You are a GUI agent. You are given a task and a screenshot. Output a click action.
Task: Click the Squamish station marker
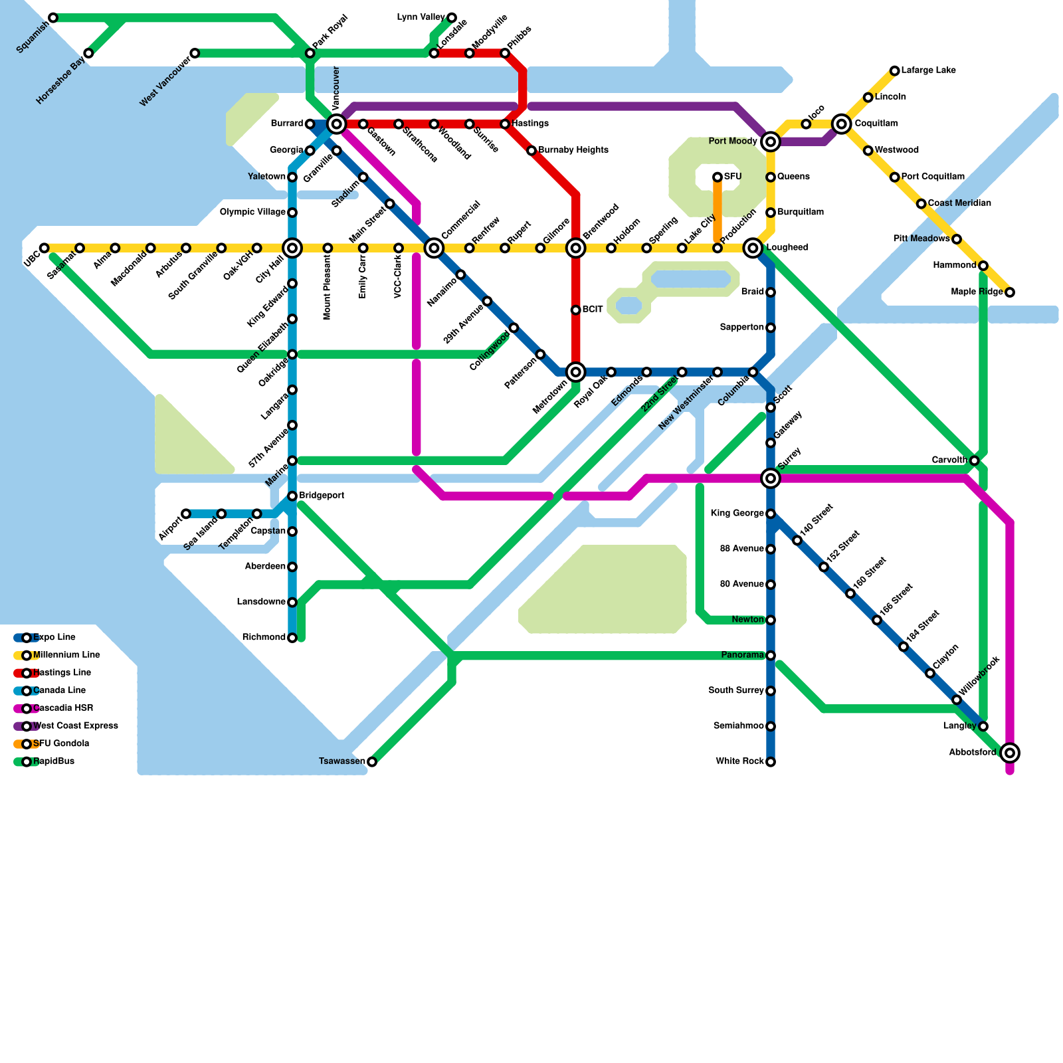(x=53, y=17)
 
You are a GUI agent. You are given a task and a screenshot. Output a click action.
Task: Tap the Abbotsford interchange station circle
(x=1010, y=753)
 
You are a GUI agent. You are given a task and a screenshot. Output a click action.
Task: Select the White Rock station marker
(x=771, y=762)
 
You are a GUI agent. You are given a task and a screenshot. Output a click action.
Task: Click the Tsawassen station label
(x=341, y=761)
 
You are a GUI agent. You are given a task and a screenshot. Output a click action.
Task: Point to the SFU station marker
(x=718, y=177)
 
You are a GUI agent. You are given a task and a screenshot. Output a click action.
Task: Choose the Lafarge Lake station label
(x=928, y=70)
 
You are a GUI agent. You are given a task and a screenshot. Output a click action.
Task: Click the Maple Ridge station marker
(x=1010, y=292)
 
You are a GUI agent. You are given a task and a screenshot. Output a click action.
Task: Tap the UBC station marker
(x=45, y=248)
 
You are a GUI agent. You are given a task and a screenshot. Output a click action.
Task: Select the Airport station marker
(x=186, y=514)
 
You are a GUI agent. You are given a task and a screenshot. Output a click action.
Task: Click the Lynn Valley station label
(x=421, y=17)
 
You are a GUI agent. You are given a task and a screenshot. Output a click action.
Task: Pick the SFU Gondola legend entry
(x=60, y=743)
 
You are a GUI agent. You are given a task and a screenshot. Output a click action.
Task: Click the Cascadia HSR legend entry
(x=62, y=708)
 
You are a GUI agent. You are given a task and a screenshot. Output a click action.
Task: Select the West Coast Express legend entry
(x=75, y=725)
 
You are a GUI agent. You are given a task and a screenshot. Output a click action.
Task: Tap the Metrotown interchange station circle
(x=576, y=372)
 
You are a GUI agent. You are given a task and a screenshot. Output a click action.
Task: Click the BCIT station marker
(x=576, y=310)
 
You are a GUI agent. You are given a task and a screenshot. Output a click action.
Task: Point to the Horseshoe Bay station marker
(x=88, y=53)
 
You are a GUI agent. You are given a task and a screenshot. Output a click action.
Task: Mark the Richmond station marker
(x=292, y=638)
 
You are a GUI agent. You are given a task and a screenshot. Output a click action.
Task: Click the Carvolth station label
(x=949, y=460)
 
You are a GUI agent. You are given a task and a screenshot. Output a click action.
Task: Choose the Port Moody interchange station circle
(x=771, y=142)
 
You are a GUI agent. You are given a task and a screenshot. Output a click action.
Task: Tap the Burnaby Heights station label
(x=573, y=150)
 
